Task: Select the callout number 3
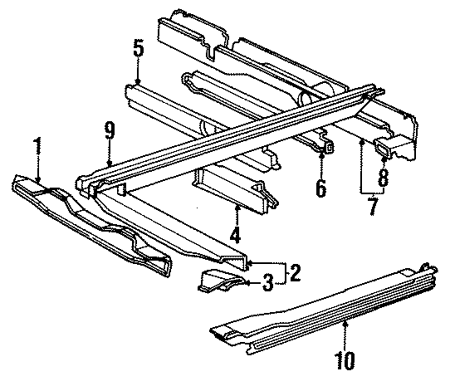coord(267,284)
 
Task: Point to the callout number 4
coord(236,236)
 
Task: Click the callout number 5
coord(138,49)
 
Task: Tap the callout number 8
coord(382,177)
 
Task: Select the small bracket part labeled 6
coord(325,148)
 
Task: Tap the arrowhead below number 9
coord(109,164)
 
